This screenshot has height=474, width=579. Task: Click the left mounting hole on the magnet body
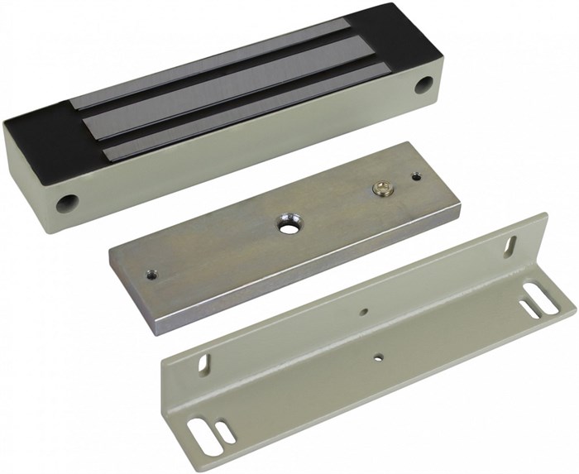click(x=67, y=202)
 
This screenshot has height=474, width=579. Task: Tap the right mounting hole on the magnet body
click(x=424, y=84)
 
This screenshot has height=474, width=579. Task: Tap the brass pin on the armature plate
click(x=381, y=189)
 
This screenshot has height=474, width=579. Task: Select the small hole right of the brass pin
click(x=416, y=175)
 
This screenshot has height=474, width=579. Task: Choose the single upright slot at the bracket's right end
click(x=510, y=246)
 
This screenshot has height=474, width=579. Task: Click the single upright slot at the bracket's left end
click(x=203, y=363)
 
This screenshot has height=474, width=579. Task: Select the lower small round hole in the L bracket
click(x=378, y=357)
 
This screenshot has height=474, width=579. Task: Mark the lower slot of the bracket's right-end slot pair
click(x=529, y=309)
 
